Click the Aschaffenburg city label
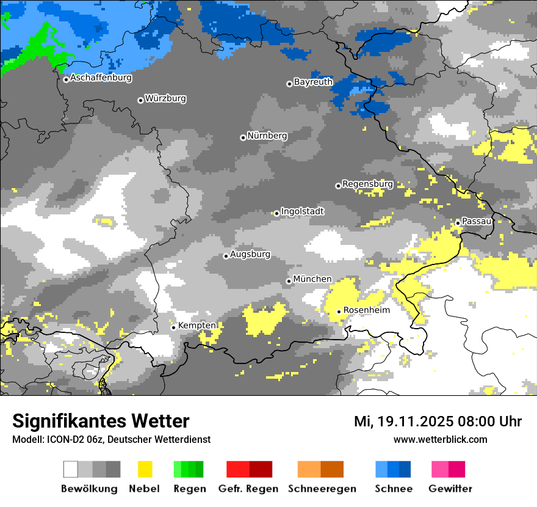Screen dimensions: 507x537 coord(101,78)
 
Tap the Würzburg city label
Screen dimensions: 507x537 coord(165,98)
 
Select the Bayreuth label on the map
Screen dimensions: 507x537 coord(313,82)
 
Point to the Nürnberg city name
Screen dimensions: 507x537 coord(267,136)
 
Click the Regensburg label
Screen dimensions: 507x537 coord(367,184)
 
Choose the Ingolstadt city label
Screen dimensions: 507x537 coord(303,211)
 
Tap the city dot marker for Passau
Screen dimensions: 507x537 coord(458,223)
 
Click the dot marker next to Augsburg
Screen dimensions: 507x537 coord(226,256)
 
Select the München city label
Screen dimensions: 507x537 coord(312,279)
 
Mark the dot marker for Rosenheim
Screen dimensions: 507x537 coord(339,312)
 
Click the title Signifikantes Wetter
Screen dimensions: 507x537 coord(101,421)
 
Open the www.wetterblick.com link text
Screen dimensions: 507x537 coord(440,439)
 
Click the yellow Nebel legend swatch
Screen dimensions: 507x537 coord(145,469)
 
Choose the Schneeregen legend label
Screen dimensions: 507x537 coord(322,489)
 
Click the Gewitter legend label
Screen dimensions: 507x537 coord(450,489)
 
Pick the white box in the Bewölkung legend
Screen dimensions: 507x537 coord(71,469)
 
